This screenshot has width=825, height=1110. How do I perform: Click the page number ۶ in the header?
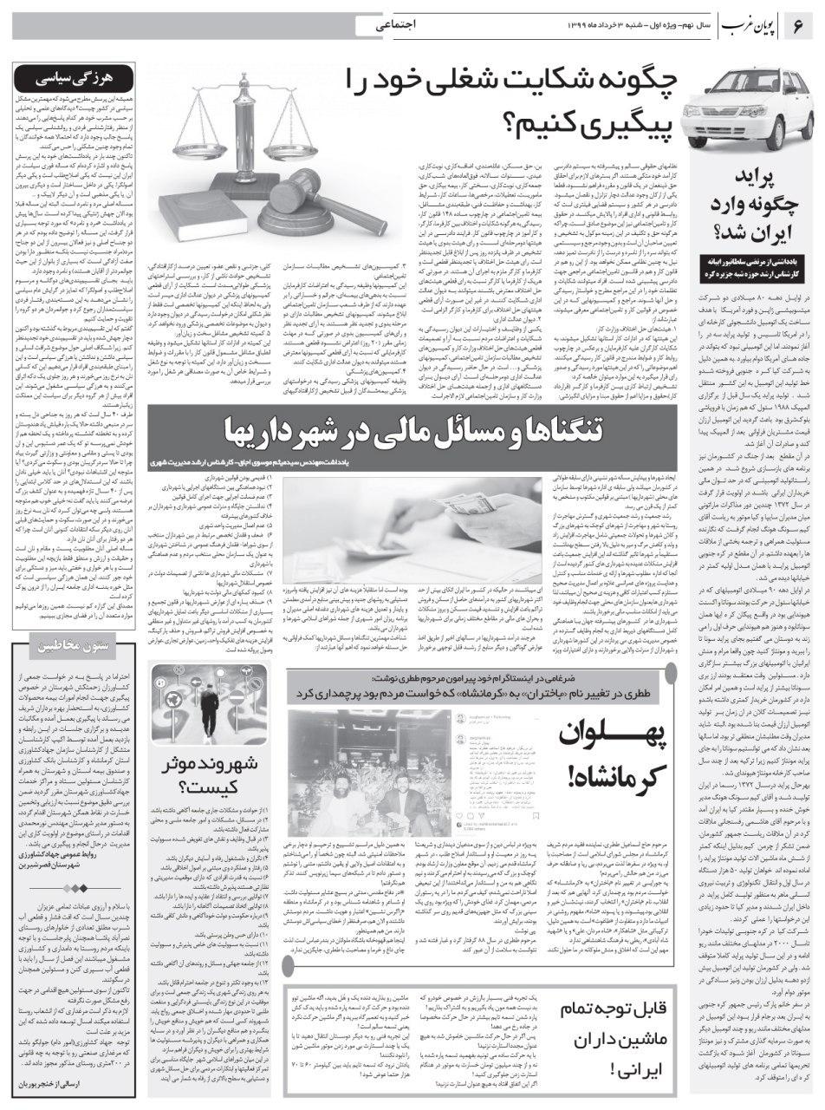797,26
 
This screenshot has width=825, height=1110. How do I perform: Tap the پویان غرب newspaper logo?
750,27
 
